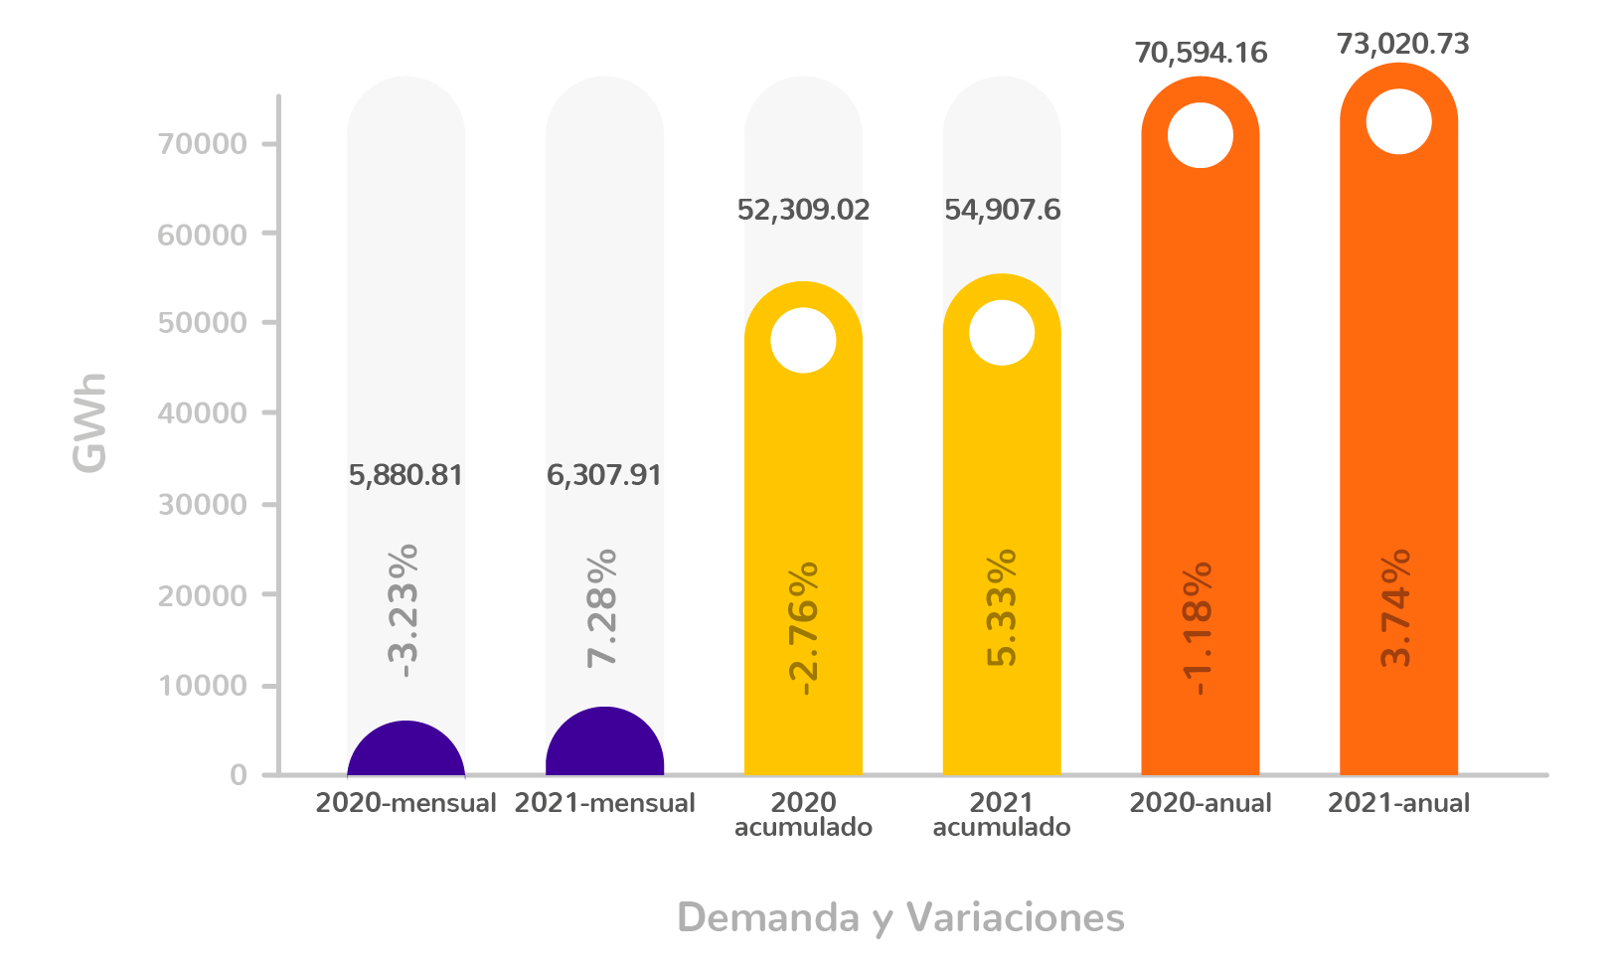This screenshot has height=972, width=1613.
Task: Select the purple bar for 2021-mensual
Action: [604, 745]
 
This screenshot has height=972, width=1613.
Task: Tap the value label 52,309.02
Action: [803, 210]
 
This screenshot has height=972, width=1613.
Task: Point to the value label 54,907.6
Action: [1002, 210]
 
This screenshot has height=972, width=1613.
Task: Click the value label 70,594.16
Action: [1201, 52]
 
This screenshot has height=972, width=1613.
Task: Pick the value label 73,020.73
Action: [1402, 44]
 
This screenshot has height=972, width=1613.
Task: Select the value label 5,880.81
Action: [405, 475]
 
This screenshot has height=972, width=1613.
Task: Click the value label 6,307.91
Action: [604, 475]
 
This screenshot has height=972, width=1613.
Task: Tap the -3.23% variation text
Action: [403, 610]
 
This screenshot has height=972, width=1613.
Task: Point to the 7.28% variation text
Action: [602, 607]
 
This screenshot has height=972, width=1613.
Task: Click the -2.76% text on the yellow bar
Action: [802, 627]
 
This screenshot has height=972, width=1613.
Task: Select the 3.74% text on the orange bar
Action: [1396, 607]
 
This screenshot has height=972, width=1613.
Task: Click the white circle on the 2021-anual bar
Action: [1398, 121]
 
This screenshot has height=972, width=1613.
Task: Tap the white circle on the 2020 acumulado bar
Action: [803, 340]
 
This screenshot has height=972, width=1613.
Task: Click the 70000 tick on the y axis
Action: [203, 144]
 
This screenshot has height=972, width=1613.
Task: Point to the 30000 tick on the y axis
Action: [203, 505]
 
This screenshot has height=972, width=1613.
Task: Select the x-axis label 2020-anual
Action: [1201, 803]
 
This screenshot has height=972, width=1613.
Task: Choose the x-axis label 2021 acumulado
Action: [1002, 814]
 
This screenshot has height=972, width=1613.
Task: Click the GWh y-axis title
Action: [89, 422]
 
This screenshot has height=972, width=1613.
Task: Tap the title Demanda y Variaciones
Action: [900, 917]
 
